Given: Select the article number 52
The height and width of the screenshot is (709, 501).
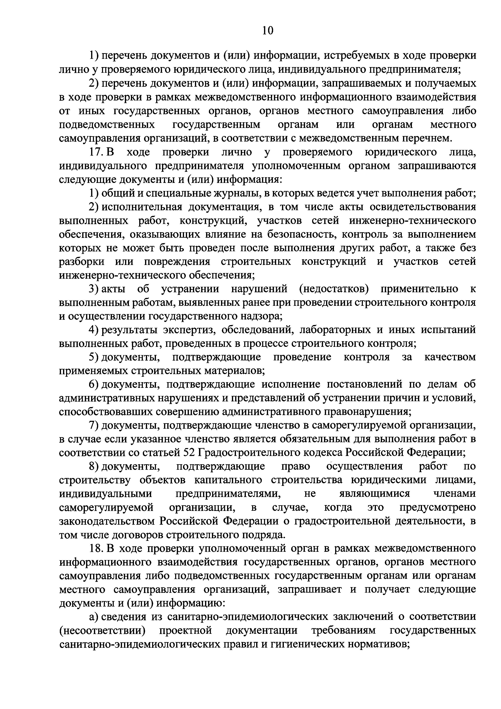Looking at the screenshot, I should point(188,453).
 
